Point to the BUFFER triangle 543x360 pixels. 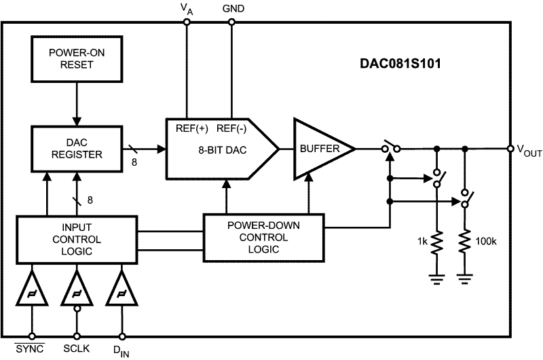point(319,148)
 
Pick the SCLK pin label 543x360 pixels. point(77,348)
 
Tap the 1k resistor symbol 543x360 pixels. point(435,241)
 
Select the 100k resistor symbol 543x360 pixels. point(465,241)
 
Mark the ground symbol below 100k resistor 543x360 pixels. point(465,276)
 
